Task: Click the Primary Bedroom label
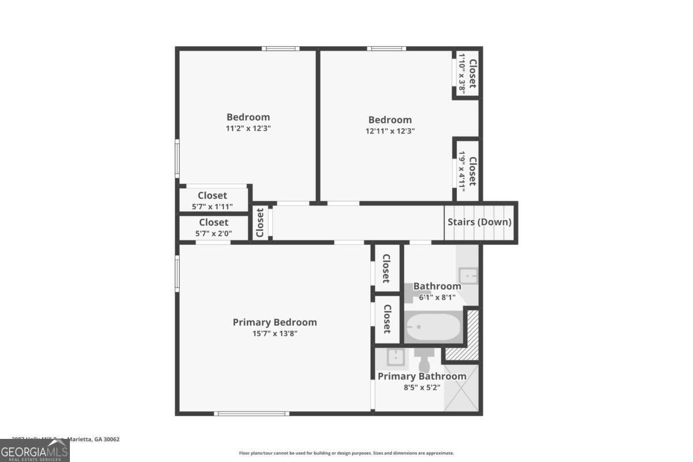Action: coord(274,322)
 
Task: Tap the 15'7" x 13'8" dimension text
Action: coord(274,333)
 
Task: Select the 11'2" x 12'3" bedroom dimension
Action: coord(248,128)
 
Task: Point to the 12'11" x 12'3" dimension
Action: coord(390,131)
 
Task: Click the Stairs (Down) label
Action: coord(479,222)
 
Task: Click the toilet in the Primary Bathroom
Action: coord(424,361)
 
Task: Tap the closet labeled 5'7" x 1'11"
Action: coord(213,200)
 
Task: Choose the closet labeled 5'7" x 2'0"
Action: coord(213,227)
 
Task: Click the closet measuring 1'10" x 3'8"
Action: coord(467,74)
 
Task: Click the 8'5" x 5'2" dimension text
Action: coord(422,388)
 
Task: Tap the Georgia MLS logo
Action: coord(35,450)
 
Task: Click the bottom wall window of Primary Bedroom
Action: coord(251,413)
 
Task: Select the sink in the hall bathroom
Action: coord(468,275)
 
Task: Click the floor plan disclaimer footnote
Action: coord(346,453)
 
